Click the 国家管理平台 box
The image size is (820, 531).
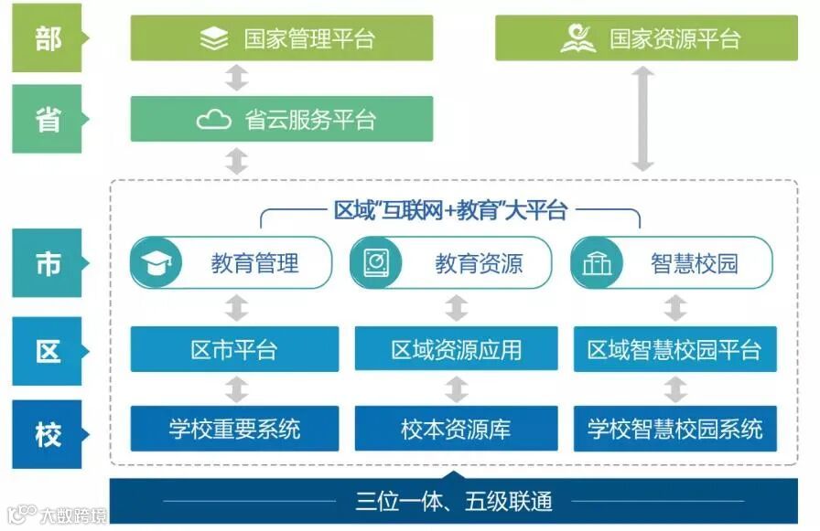[282, 38]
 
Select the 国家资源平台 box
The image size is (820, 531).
[646, 38]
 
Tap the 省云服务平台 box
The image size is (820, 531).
[282, 120]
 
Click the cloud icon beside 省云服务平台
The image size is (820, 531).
[214, 120]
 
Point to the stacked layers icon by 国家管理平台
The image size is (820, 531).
[214, 39]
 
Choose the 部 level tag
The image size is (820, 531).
[48, 39]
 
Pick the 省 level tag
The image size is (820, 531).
[48, 120]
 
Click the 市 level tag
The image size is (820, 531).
[48, 263]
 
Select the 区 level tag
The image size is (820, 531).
[48, 351]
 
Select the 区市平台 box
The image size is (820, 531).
[234, 349]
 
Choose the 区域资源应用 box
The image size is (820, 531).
[456, 349]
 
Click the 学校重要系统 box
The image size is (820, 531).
[234, 429]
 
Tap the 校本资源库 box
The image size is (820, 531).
[456, 429]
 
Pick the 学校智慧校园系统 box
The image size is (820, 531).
[675, 429]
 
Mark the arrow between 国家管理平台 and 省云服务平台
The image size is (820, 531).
[237, 79]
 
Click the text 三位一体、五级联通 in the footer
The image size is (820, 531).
[454, 501]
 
